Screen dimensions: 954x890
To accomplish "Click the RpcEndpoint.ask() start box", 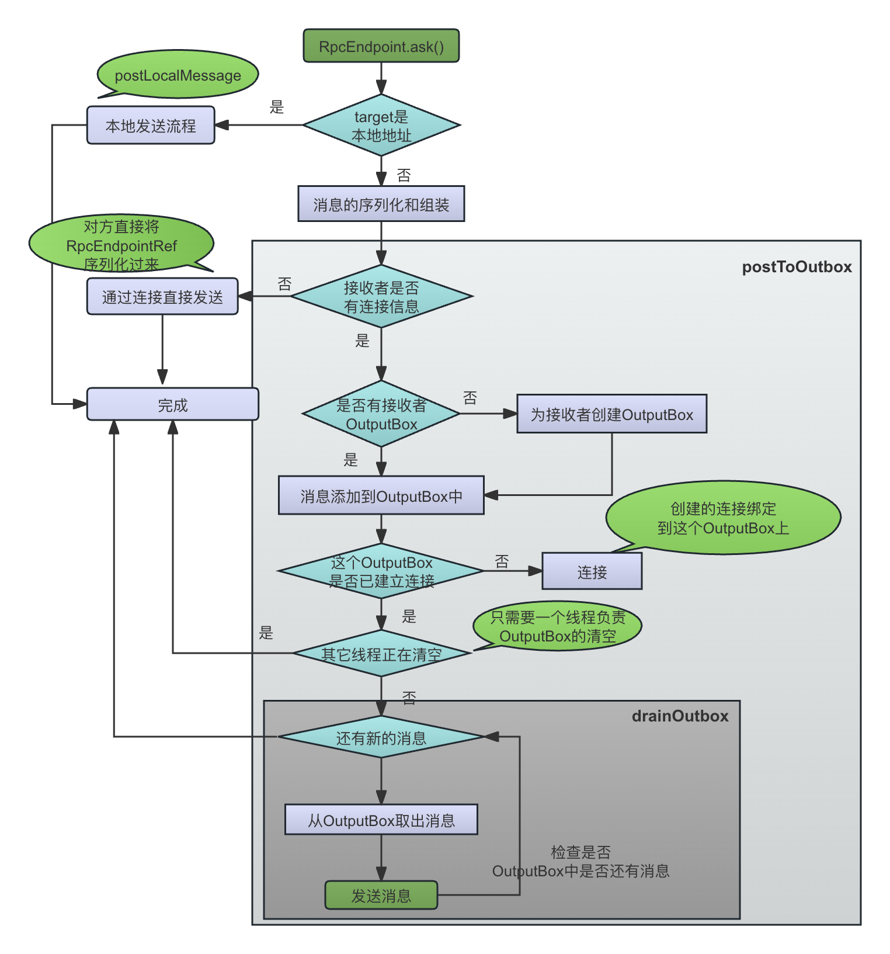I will [x=381, y=46].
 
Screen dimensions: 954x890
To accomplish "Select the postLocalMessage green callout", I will [x=178, y=75].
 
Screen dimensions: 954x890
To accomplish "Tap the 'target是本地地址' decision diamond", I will [x=381, y=126].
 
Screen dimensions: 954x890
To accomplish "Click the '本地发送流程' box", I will [x=151, y=126].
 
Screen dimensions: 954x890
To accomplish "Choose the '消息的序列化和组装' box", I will [x=381, y=204].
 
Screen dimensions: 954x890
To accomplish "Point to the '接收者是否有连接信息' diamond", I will [x=381, y=297].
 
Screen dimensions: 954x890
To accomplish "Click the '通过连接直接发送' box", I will [x=162, y=297].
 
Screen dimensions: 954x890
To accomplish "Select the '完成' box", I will [x=173, y=404].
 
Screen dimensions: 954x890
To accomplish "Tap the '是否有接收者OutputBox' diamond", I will [x=381, y=414].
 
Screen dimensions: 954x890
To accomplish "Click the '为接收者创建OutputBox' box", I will [x=611, y=414].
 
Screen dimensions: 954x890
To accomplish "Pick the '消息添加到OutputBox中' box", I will [x=381, y=496].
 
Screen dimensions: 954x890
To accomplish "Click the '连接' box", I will [x=592, y=571].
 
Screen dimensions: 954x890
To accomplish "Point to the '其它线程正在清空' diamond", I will [x=381, y=654].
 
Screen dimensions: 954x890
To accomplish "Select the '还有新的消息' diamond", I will [x=381, y=738].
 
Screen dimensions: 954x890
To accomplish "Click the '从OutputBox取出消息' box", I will [x=381, y=820].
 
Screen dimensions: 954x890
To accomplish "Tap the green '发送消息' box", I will [x=381, y=895].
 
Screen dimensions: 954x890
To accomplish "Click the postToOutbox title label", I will [x=797, y=267].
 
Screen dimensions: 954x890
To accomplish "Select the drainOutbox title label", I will [x=680, y=716].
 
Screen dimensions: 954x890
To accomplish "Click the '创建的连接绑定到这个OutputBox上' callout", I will [x=723, y=518].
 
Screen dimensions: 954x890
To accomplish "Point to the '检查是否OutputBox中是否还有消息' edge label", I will [x=580, y=862].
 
